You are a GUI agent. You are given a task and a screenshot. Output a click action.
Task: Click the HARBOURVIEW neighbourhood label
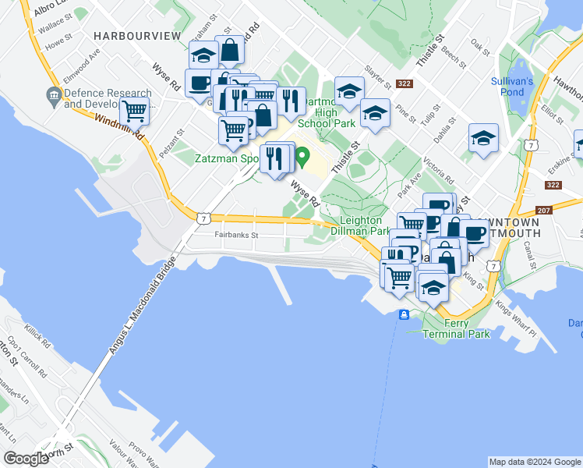[x=136, y=36]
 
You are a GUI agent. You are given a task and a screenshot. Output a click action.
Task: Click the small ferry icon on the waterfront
[x=404, y=314]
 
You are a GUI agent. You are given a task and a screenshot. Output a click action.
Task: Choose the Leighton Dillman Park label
[x=359, y=225]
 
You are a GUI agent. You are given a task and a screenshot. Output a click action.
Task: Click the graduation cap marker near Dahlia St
[x=483, y=140]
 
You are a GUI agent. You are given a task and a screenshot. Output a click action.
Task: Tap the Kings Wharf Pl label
[x=516, y=315]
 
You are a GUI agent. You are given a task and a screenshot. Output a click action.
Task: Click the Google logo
[x=26, y=459]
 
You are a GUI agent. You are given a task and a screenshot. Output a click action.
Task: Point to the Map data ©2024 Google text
[x=535, y=462]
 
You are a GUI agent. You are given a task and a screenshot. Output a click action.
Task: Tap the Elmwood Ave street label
[x=83, y=65]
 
